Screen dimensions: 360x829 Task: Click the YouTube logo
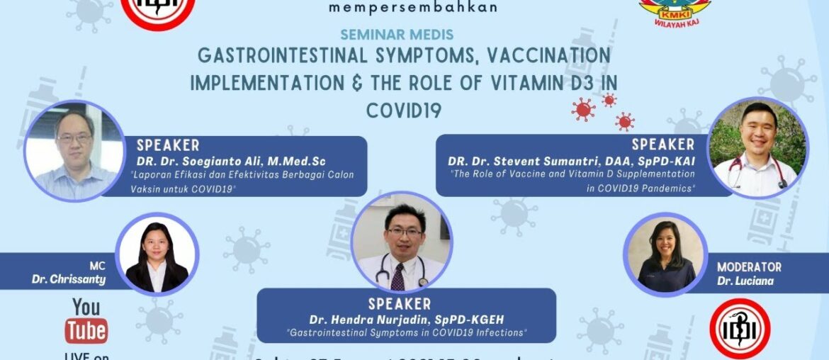[x=86, y=321]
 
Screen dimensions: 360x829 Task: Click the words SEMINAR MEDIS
[x=397, y=34]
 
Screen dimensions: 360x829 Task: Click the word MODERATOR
[x=749, y=267]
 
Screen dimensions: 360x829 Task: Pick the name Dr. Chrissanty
[x=69, y=279]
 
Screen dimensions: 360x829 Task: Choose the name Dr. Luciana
[x=755, y=281]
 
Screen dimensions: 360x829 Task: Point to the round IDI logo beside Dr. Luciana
[x=740, y=329]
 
